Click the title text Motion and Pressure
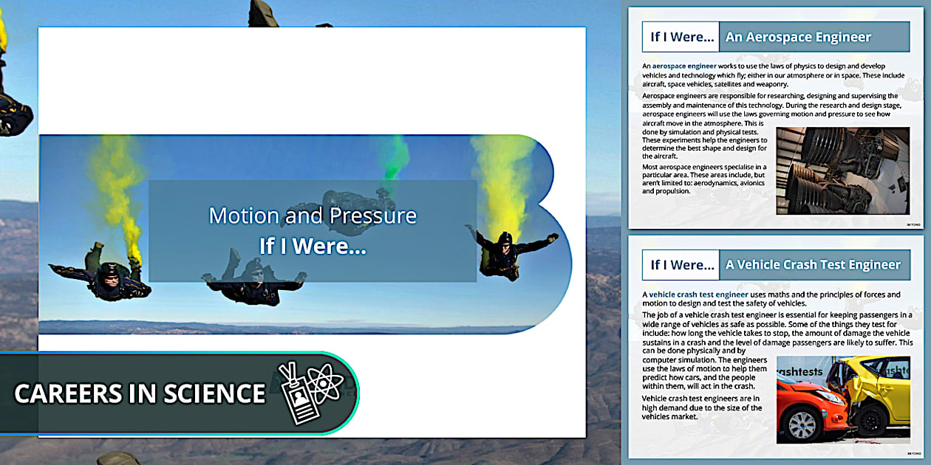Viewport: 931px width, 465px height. (313, 216)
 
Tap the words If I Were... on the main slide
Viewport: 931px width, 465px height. (313, 246)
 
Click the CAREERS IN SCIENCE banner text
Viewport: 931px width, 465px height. (140, 393)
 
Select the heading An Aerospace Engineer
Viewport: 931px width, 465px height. (798, 37)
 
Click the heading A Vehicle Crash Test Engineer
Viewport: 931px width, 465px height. (813, 264)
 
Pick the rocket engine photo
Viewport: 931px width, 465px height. (842, 170)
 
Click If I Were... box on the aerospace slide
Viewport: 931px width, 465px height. (681, 37)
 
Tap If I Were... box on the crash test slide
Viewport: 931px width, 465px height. (681, 264)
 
